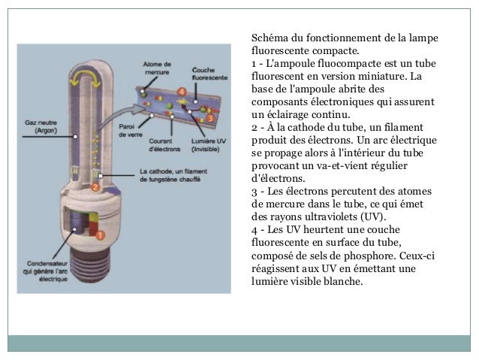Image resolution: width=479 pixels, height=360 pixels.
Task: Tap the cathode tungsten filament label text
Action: pos(179,175)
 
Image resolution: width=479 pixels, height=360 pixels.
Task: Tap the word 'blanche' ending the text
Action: pos(343,282)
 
